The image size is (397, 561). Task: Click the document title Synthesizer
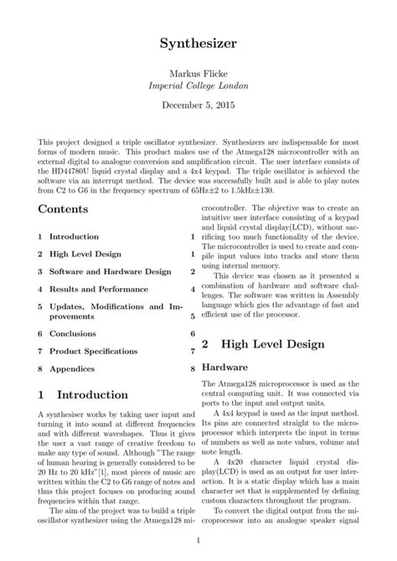coord(198,41)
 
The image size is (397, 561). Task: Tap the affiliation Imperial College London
coord(198,86)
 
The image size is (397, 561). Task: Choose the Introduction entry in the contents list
coord(74,237)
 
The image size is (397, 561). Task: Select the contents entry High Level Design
coord(85,254)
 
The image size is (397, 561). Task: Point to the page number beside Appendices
coord(192,368)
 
